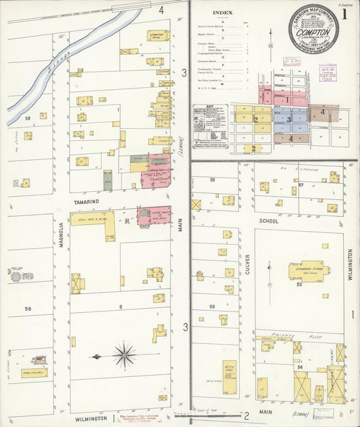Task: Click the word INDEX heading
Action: pos(221,13)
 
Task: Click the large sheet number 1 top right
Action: pos(344,14)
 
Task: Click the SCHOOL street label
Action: pos(269,220)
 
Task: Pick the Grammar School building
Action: pos(309,270)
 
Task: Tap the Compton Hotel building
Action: pos(157,35)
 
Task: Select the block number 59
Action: pos(28,119)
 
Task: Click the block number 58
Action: pos(28,309)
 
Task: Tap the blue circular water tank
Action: pos(14,276)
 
